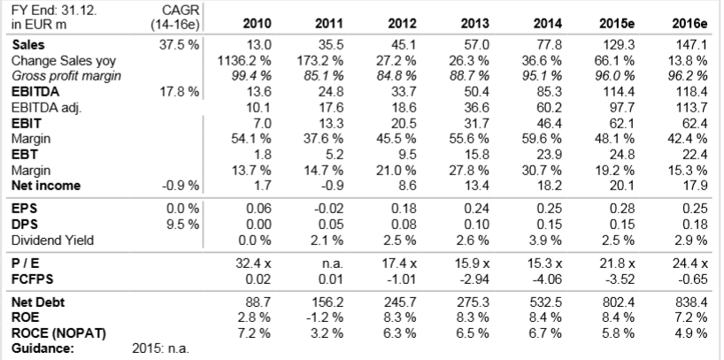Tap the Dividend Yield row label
point(53,241)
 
